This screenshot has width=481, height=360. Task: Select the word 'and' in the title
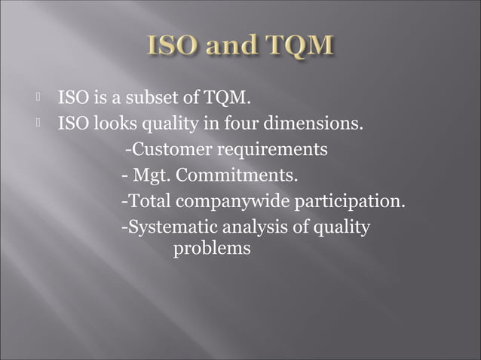[x=232, y=46]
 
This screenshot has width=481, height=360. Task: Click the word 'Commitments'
[x=236, y=176]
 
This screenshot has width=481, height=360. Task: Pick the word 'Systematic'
[x=167, y=227]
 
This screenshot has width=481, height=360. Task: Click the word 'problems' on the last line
[x=212, y=249]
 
